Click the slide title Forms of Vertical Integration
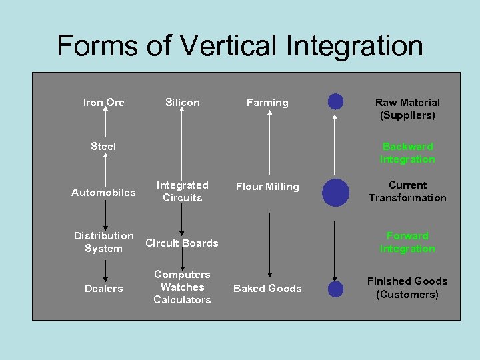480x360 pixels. pyautogui.click(x=240, y=46)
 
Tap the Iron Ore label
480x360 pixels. pyautogui.click(x=103, y=103)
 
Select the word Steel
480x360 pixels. pyautogui.click(x=103, y=147)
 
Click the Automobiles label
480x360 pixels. pyautogui.click(x=103, y=193)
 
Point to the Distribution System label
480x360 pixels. pyautogui.click(x=103, y=242)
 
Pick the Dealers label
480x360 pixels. pyautogui.click(x=103, y=289)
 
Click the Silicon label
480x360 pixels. pyautogui.click(x=182, y=103)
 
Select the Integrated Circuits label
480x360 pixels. pyautogui.click(x=182, y=191)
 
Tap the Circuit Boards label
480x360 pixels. pyautogui.click(x=182, y=243)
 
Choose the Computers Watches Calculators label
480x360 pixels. pyautogui.click(x=182, y=287)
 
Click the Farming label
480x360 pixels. pyautogui.click(x=267, y=103)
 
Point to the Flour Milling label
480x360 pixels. pyautogui.click(x=267, y=187)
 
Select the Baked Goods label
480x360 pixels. pyautogui.click(x=267, y=289)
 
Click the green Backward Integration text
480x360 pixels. pyautogui.click(x=407, y=153)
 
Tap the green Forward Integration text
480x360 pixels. pyautogui.click(x=407, y=242)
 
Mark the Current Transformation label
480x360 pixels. pyautogui.click(x=407, y=191)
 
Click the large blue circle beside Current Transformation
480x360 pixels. pyautogui.click(x=335, y=192)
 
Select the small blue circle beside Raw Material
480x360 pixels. pyautogui.click(x=336, y=101)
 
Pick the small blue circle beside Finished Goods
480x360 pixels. pyautogui.click(x=336, y=289)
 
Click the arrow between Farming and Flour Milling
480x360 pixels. pyautogui.click(x=269, y=143)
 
